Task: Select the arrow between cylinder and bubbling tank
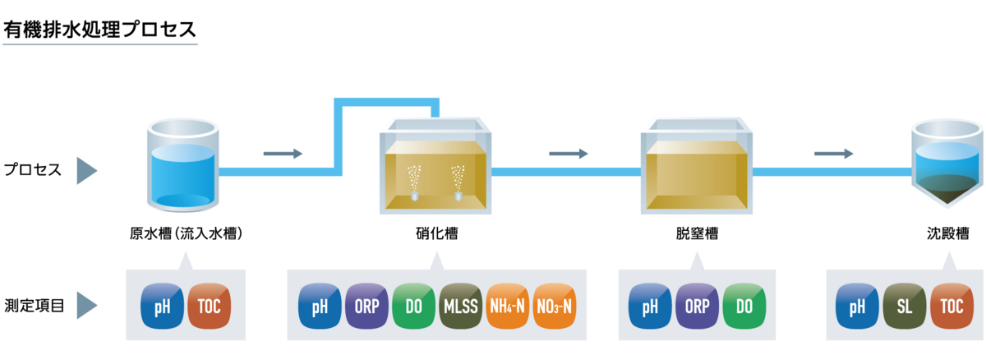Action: (x=283, y=154)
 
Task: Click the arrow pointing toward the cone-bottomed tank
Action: (x=834, y=154)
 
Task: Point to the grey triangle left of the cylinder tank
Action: (x=86, y=171)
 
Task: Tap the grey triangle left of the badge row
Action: (x=86, y=305)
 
